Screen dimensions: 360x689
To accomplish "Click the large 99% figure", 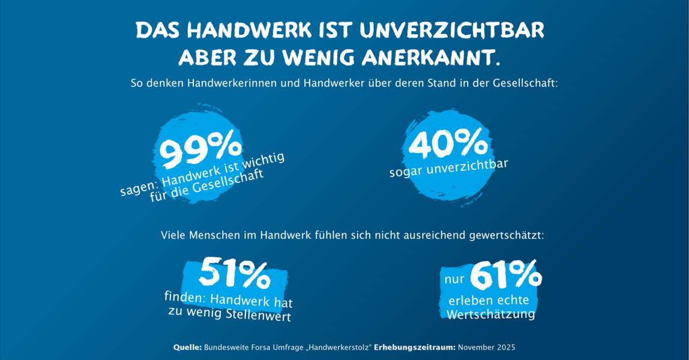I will [200, 152].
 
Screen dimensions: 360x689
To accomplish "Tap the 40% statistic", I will [448, 145].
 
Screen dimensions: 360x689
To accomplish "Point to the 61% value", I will [505, 275].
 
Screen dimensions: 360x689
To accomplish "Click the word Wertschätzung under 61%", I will [490, 313].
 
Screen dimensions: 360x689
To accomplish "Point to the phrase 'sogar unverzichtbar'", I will [448, 169].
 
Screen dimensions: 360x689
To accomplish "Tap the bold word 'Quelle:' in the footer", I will [187, 347].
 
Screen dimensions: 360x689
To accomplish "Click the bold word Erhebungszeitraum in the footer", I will [414, 347].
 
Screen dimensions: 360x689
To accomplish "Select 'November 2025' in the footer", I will [487, 347].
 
